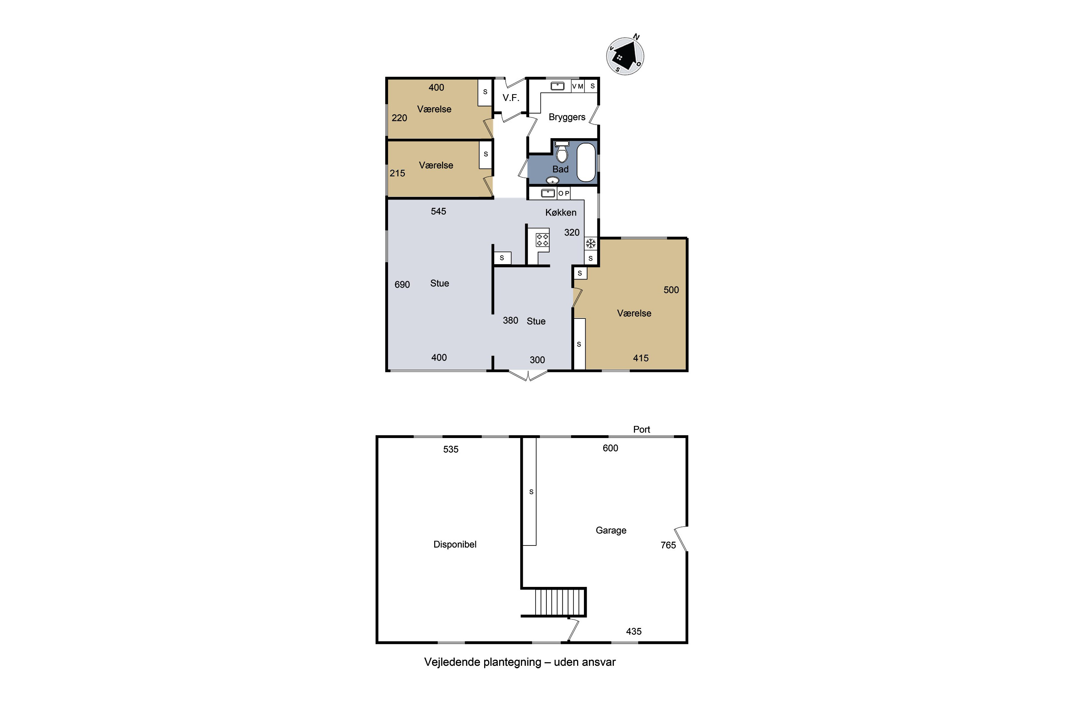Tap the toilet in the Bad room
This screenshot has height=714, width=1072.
click(562, 152)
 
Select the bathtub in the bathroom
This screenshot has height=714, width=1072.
click(586, 162)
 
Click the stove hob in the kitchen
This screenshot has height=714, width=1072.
click(542, 240)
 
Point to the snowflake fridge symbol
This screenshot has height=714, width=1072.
click(591, 243)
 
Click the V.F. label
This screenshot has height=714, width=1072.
click(511, 97)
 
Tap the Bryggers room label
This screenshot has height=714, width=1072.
click(567, 117)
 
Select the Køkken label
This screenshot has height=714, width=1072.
click(561, 212)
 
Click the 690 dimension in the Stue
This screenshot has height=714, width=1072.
click(402, 285)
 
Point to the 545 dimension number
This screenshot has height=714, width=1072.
click(438, 211)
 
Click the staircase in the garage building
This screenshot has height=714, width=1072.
click(559, 602)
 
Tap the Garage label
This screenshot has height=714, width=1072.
click(611, 531)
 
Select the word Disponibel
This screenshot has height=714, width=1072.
click(455, 544)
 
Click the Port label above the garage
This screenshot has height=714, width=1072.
click(641, 429)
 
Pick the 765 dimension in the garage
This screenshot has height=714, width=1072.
click(668, 545)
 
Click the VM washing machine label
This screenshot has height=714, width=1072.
click(578, 86)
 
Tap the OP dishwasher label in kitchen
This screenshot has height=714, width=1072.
click(564, 193)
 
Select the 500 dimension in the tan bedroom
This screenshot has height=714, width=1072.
click(671, 290)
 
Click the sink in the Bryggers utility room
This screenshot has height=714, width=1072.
click(557, 86)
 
